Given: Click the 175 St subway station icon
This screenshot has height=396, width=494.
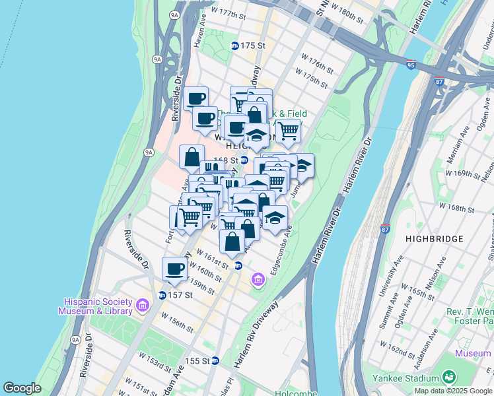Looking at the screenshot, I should click(234, 46).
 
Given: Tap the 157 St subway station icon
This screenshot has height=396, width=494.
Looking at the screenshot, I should click(162, 295).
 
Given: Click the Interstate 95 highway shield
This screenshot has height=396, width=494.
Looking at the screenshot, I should click(411, 65).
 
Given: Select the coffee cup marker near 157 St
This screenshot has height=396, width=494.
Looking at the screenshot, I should click(175, 269).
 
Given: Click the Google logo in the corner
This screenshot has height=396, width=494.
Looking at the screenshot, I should click(22, 388).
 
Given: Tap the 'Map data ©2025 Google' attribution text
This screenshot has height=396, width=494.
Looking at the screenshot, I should click(453, 391).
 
